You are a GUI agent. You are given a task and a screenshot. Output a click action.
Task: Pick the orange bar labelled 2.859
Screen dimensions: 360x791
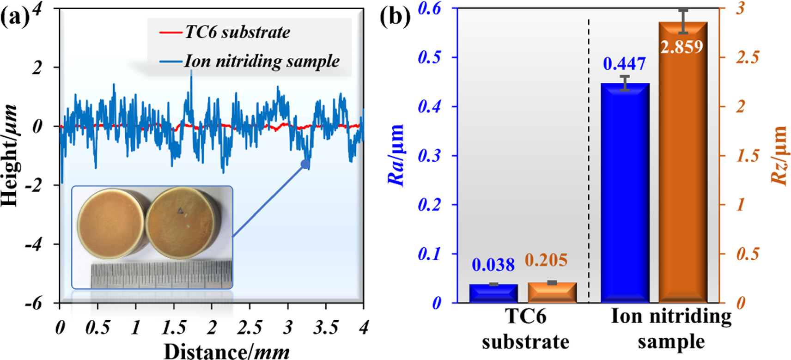[683, 176]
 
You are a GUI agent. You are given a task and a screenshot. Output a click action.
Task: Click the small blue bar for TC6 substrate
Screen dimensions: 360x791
[493, 293]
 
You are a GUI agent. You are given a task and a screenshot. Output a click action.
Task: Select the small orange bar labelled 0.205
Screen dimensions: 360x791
[552, 293]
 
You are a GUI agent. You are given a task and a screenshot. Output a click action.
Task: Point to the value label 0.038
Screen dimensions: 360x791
[493, 265]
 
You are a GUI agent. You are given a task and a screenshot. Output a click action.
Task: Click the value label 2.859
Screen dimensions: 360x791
[682, 47]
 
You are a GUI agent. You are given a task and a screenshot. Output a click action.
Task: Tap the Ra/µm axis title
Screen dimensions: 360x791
[396, 155]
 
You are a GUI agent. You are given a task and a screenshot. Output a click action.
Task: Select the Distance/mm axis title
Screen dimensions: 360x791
[226, 351]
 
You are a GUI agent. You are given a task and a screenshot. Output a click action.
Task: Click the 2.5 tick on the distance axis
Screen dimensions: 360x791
[249, 328]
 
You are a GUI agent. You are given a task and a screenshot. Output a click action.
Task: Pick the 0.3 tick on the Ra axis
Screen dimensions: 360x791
[429, 156]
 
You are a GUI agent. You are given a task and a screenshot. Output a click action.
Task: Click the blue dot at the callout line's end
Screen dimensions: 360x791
[304, 164]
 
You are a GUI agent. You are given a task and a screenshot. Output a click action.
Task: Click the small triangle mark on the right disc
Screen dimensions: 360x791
[180, 211]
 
